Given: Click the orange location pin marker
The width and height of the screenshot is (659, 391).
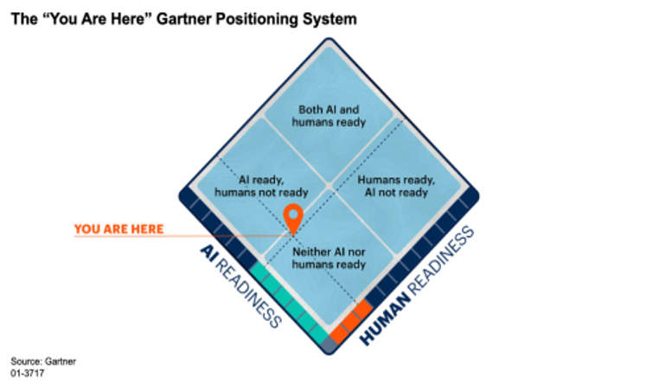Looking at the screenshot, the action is [x=293, y=216].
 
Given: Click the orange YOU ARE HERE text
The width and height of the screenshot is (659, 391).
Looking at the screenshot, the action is [x=119, y=229].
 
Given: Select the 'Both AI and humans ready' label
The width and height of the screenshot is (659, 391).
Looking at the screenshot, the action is [x=329, y=116].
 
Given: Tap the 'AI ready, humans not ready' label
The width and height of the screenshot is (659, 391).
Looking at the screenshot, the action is [x=261, y=186].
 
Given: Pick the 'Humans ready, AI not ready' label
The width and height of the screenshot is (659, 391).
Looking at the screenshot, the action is [x=396, y=186].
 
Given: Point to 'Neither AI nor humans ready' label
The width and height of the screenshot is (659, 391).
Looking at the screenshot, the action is [x=329, y=258].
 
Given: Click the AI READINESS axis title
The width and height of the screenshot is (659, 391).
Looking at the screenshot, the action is [x=240, y=285].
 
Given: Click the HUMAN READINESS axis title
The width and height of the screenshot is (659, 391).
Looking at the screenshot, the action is [x=417, y=285].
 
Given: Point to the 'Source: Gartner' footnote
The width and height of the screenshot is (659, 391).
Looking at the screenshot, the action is [x=43, y=362].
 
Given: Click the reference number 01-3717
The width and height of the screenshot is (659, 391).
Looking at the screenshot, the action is [x=28, y=374].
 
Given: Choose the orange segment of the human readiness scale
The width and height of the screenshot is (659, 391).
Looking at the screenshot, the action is [x=351, y=322].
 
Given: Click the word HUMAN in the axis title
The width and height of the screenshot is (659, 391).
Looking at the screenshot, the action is [x=385, y=319].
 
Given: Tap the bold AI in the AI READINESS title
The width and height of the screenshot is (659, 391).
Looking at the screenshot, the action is [x=208, y=253].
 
